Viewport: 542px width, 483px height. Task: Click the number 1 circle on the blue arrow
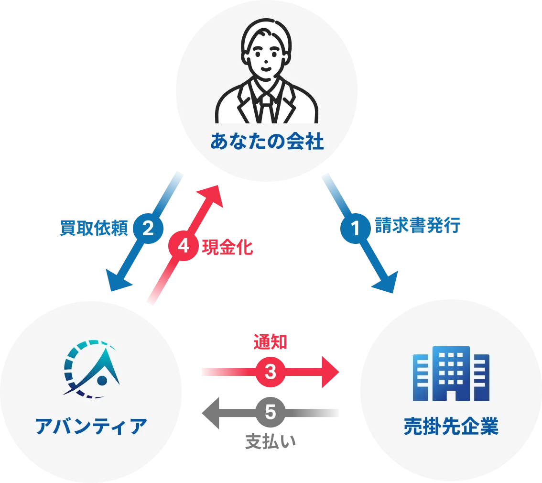pos(355,229)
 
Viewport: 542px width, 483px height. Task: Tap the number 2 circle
pos(148,229)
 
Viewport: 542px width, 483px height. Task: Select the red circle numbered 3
pos(271,372)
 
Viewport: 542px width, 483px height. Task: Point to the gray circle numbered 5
pos(271,412)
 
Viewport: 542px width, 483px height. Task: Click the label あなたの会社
pos(267,142)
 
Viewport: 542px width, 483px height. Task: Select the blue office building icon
pos(451,373)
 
